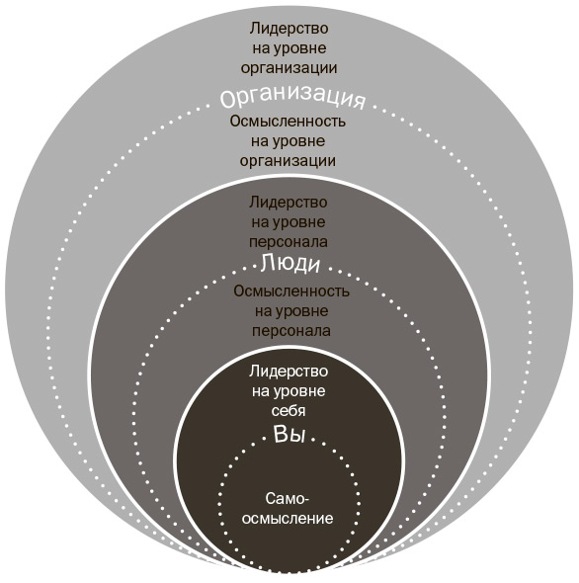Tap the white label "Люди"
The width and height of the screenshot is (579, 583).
point(290,264)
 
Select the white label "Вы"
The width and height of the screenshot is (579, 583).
point(289,434)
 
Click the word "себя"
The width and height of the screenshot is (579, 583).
point(289,411)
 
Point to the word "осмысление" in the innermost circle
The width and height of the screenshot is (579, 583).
point(288,519)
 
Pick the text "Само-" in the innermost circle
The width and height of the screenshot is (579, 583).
point(288,499)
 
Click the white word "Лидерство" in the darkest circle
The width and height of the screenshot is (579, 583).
point(289,372)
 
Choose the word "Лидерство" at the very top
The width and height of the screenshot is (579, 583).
point(289,29)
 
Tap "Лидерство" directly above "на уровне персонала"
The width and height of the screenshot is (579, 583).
point(289,203)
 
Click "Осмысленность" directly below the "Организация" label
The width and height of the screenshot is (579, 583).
point(288,122)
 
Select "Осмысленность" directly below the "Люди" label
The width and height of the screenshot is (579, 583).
point(291,291)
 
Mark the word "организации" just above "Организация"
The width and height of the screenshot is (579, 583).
point(289,68)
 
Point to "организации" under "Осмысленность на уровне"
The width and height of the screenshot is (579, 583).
point(288,161)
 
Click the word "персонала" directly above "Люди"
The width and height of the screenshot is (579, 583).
point(289,242)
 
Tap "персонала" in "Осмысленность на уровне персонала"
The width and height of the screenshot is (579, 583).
point(291,331)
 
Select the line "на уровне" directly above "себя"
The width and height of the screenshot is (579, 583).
point(289,391)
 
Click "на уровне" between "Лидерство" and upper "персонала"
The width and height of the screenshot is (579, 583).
point(289,222)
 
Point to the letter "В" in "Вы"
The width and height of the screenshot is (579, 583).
point(281,433)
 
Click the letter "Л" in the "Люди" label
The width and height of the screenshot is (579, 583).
point(267,263)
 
